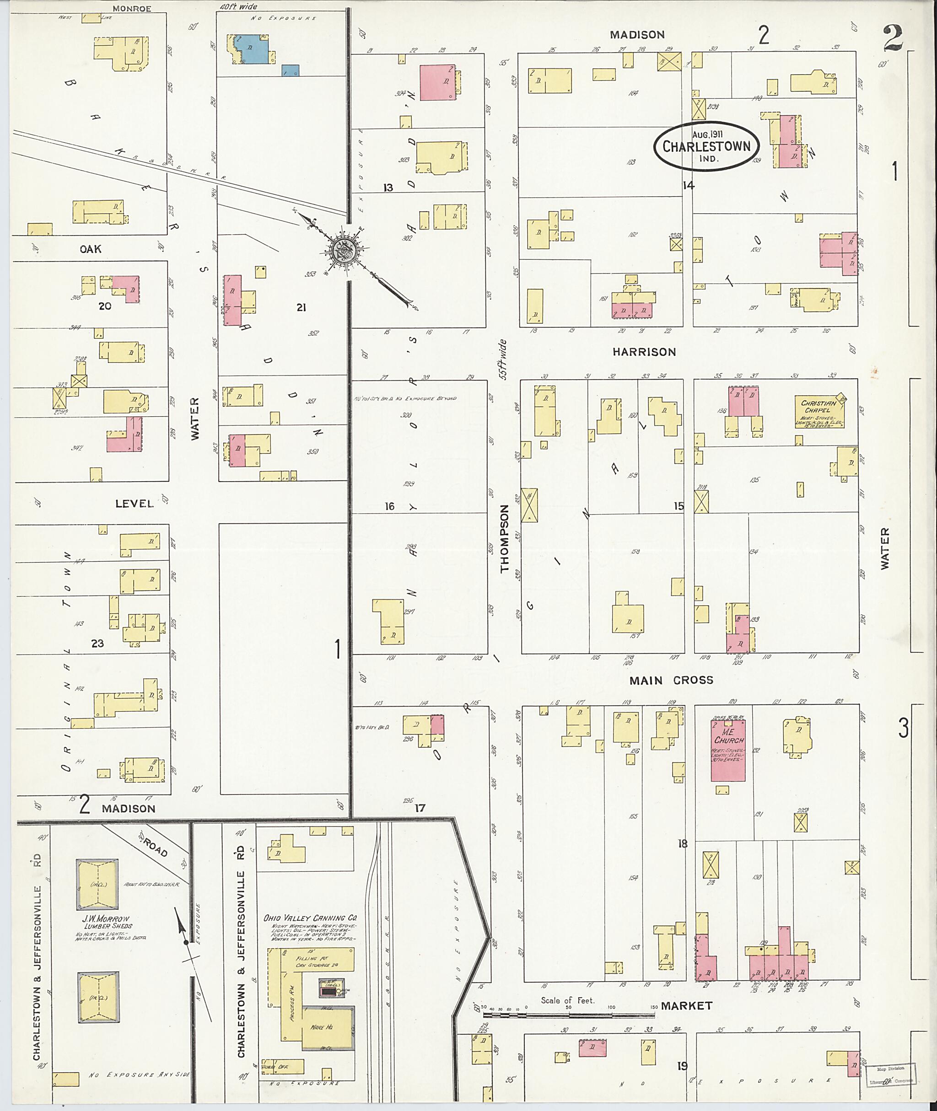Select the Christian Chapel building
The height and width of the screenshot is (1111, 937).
point(818,412)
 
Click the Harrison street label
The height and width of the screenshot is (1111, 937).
point(644,352)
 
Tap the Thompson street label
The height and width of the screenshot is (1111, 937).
point(504,538)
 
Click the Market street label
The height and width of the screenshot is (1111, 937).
point(687,1005)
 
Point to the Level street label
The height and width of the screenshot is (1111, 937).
point(135,503)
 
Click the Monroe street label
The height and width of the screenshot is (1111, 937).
point(132,9)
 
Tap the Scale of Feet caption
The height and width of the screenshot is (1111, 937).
point(567,1000)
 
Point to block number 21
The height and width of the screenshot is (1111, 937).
point(301,307)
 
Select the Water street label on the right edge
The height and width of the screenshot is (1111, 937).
point(884,548)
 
